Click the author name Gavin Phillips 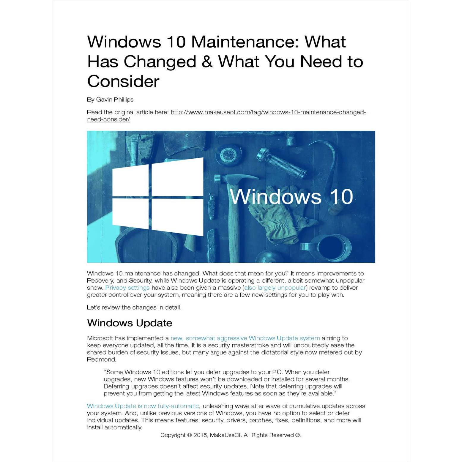[x=115, y=100]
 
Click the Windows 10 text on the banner [x=291, y=197]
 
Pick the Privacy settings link [x=127, y=288]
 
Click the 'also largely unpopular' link [x=275, y=288]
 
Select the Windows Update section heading [x=130, y=323]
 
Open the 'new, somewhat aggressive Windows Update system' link [x=245, y=338]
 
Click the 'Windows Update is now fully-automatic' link [x=143, y=406]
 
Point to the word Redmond [x=101, y=359]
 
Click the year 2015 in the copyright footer [x=200, y=435]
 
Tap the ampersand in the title [x=207, y=62]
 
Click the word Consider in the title [x=123, y=81]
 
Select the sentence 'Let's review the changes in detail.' [x=134, y=308]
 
